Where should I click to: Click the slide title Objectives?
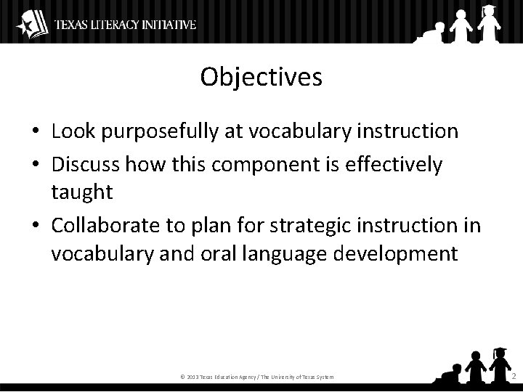pos(261,78)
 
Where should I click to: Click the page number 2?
pos(513,376)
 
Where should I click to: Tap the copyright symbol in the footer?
pos(182,377)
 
